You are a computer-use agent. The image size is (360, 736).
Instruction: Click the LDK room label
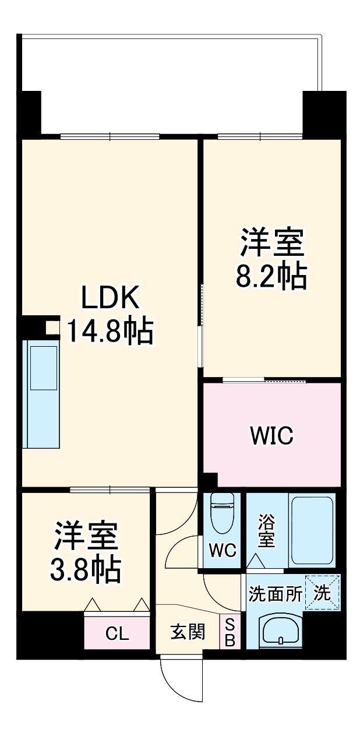point(110,298)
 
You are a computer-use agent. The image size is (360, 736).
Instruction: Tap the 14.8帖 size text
point(110,330)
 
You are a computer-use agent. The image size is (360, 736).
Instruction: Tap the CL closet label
point(117,634)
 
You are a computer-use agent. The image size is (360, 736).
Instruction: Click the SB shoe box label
point(230,632)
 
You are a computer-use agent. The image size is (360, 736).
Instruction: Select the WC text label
point(223,550)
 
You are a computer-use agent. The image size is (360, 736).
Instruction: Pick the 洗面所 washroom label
point(275,594)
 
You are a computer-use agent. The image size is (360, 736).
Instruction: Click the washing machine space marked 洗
point(322,593)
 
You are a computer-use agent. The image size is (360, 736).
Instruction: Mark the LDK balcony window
point(110,137)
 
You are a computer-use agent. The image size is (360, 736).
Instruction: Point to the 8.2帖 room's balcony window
point(260,137)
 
